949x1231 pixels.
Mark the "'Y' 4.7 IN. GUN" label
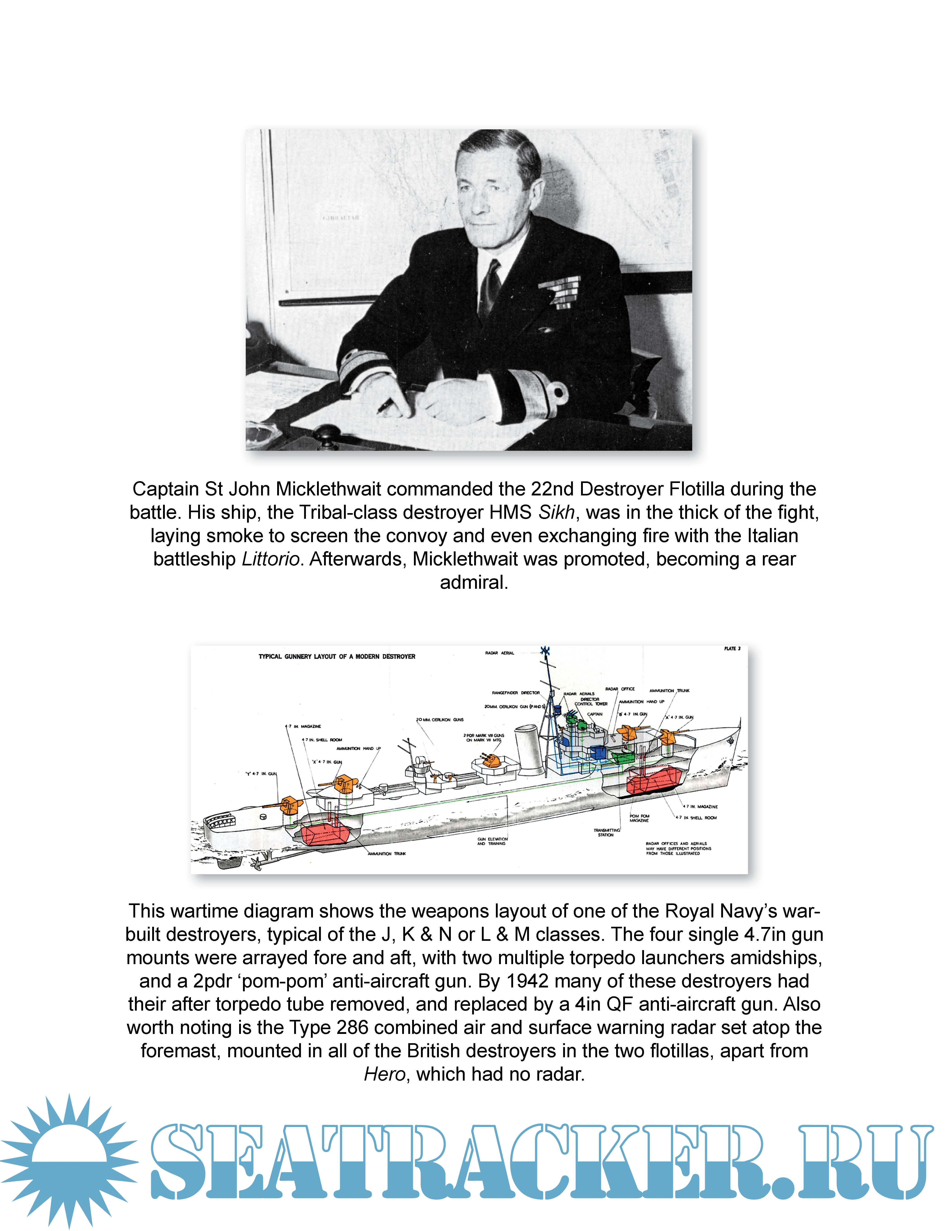click(x=261, y=774)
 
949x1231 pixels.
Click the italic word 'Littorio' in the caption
click(x=270, y=559)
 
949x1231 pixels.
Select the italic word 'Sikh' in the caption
click(x=556, y=512)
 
